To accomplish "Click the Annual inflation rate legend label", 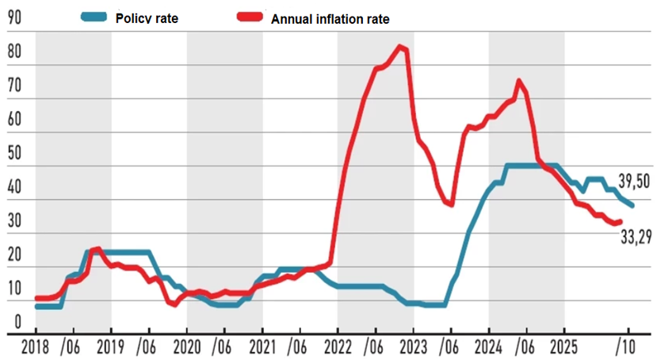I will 330,18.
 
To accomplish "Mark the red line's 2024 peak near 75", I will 518,80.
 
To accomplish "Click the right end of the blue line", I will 632,205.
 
